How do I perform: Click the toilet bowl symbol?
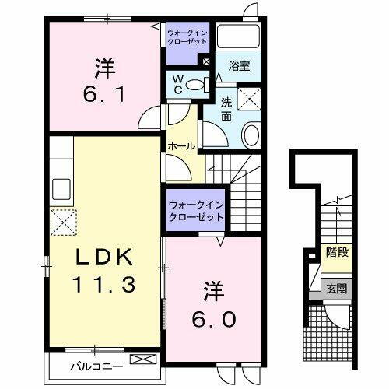(x=199, y=84)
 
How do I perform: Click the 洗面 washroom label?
(x=226, y=109)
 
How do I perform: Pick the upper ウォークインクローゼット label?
(x=187, y=36)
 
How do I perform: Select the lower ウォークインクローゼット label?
(x=194, y=210)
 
